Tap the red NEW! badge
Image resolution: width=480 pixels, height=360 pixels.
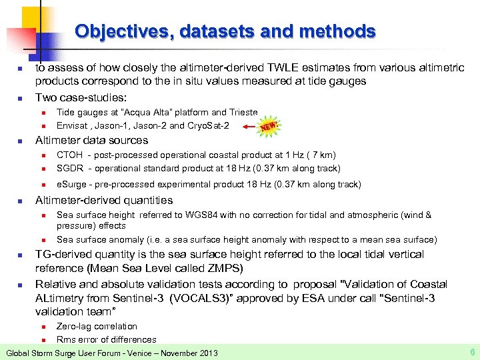pos(269,125)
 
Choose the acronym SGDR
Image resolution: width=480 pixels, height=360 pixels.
pos(70,168)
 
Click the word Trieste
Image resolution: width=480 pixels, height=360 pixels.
pos(244,113)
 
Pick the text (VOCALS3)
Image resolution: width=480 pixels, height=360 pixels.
pos(200,299)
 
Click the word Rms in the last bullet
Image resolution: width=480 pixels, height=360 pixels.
pos(65,339)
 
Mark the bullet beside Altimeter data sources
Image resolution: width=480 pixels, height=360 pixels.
pos(21,141)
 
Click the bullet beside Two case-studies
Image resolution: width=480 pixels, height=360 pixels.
pos(21,98)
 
